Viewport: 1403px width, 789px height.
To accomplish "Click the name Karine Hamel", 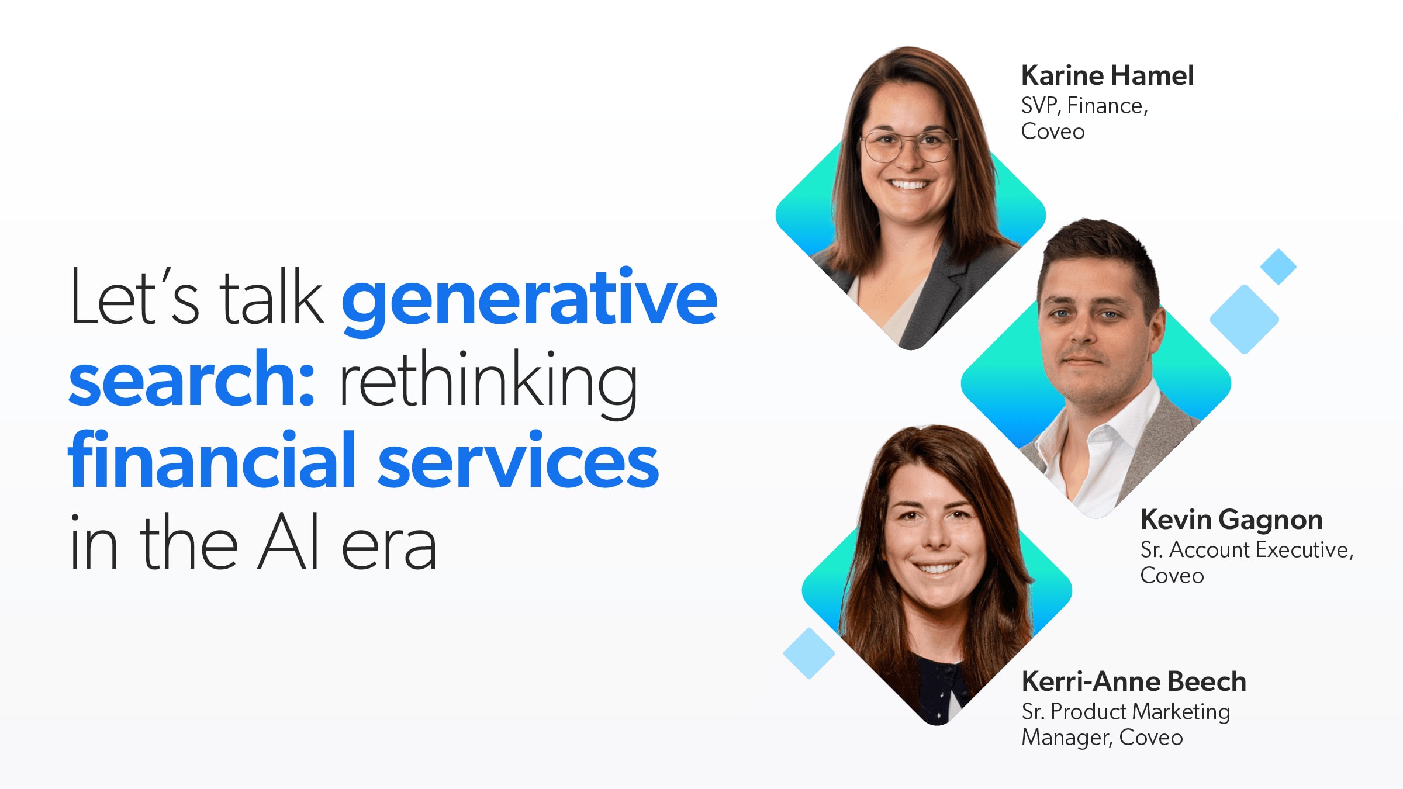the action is coord(1107,75).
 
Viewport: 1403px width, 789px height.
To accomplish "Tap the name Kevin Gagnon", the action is coord(1231,520).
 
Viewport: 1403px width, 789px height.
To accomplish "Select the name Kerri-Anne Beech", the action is coord(1134,681).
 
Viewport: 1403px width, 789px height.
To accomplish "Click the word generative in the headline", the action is coord(529,300).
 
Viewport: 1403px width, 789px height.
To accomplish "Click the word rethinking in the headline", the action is coord(488,383).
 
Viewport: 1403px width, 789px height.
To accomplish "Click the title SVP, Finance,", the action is coord(1084,106).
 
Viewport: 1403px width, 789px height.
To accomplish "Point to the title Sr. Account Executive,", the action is coord(1247,550).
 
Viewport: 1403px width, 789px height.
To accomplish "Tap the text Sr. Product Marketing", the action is coord(1126,712).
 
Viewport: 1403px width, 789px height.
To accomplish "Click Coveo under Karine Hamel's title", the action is coord(1053,131).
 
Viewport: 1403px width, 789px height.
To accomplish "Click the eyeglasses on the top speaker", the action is coord(908,146).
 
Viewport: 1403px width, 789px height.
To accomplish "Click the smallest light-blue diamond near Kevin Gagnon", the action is coord(1278,267).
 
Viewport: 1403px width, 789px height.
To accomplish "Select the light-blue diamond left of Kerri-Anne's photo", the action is coord(809,653).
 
